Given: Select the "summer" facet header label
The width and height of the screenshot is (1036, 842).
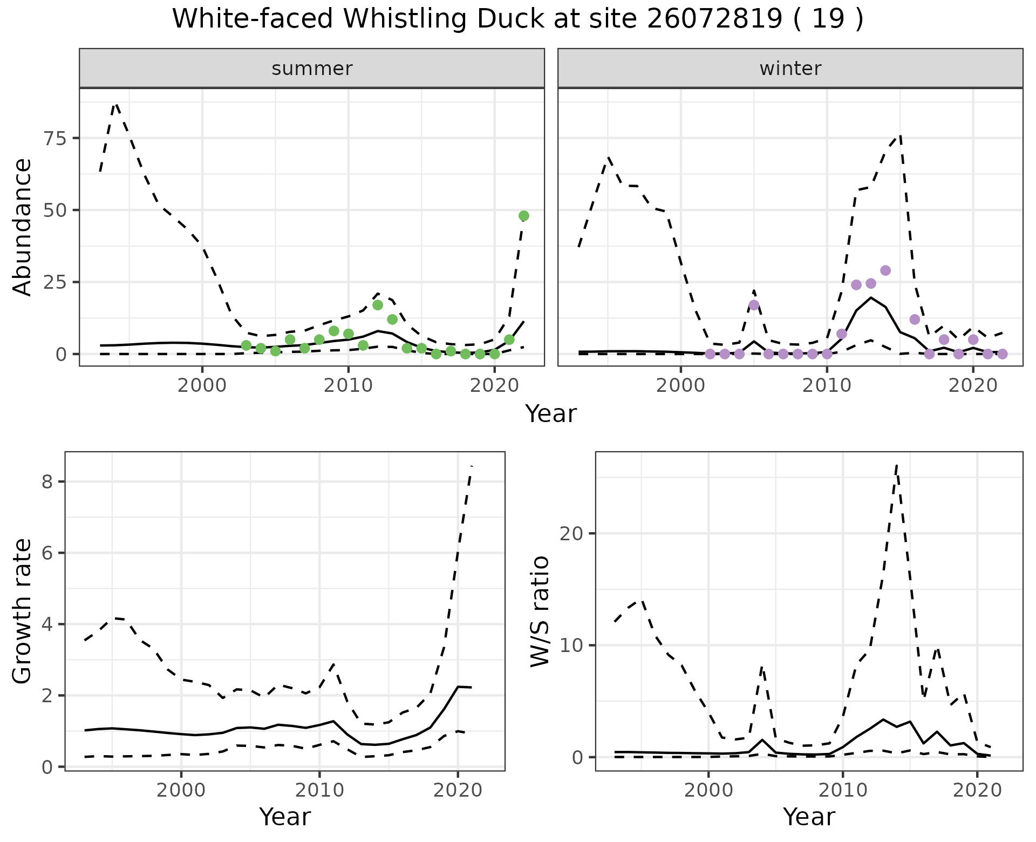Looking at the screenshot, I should click(312, 69).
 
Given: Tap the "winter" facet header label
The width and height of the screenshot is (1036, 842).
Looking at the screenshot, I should click(790, 69).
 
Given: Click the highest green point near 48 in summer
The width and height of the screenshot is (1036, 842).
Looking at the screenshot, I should click(523, 216).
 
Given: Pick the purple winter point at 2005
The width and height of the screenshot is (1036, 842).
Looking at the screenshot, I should click(754, 305).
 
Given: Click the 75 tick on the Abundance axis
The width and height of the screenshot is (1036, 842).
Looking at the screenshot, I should click(57, 138).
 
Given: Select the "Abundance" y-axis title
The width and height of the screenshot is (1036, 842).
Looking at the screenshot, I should click(23, 227).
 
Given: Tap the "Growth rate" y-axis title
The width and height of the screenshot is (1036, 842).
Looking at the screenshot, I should click(23, 612).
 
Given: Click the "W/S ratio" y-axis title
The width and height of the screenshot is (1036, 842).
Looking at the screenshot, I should click(540, 612).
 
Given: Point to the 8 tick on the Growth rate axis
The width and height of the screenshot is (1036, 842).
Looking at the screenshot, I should click(47, 481).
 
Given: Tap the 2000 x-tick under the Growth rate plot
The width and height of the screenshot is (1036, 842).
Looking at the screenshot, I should click(181, 790).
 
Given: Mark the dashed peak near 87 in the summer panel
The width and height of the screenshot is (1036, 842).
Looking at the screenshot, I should click(116, 103).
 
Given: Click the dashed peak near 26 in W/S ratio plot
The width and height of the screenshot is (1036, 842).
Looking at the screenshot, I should click(896, 464).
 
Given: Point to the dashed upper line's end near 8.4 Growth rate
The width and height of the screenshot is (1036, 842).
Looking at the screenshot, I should click(472, 466).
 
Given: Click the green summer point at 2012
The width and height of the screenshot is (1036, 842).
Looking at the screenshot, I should click(378, 305).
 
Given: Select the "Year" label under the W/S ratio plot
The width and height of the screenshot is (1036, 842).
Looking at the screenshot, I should click(809, 817).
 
